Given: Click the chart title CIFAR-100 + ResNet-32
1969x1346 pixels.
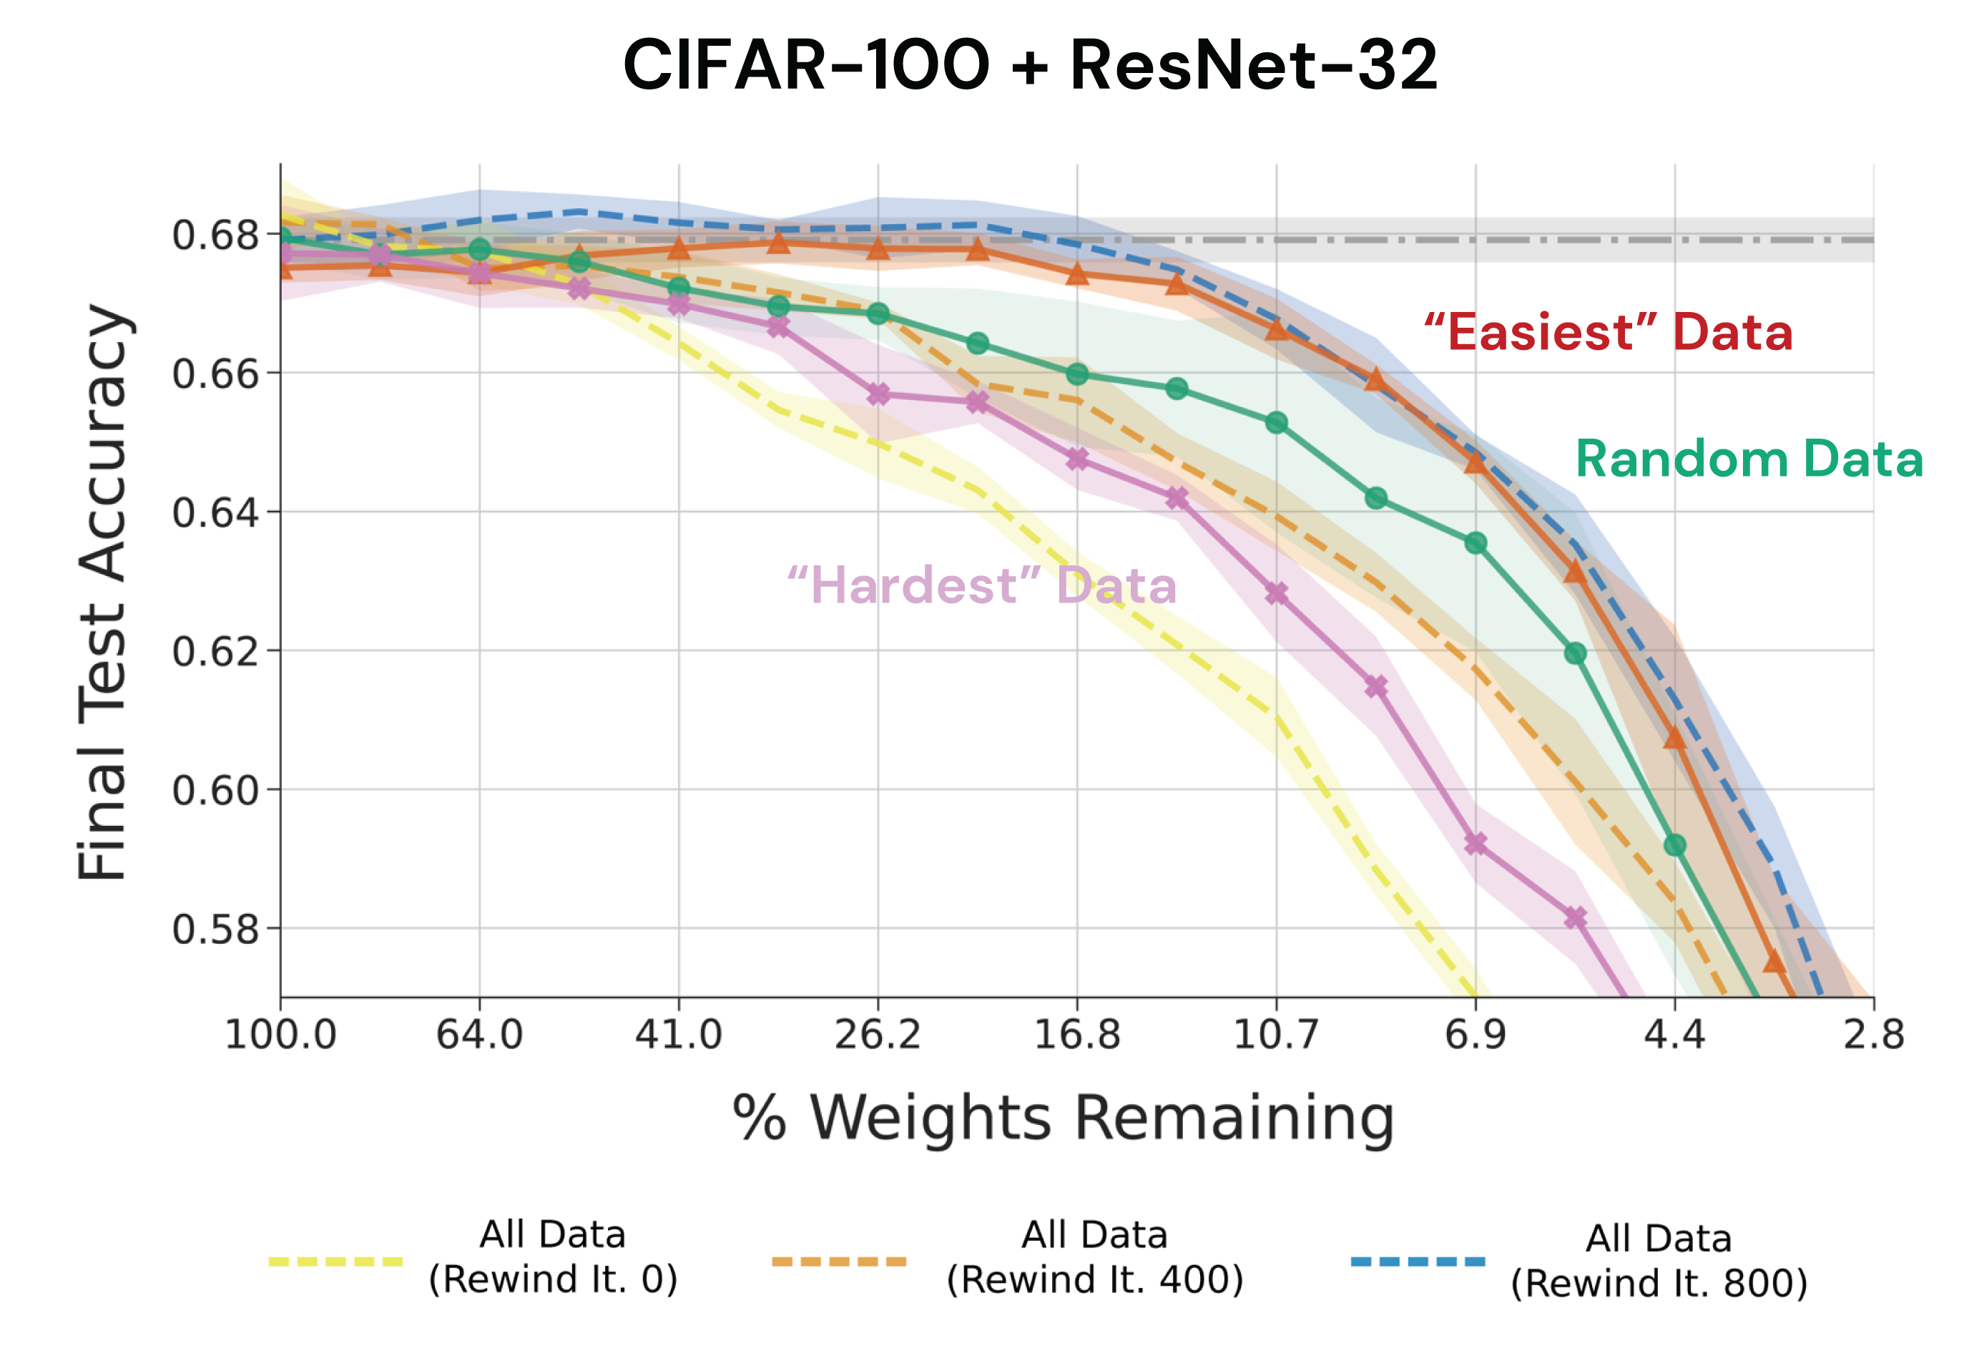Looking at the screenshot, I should tap(1029, 65).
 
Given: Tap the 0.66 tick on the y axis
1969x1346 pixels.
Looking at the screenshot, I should tap(215, 374).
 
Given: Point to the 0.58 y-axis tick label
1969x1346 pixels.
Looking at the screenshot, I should tap(215, 930).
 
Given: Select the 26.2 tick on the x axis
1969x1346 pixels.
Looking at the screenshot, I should tap(878, 1035).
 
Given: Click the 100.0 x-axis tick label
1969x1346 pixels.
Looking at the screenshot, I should tap(280, 1035).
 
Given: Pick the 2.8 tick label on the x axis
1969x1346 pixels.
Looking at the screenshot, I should tap(1873, 1035).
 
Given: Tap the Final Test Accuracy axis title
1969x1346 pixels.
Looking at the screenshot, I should tap(102, 593).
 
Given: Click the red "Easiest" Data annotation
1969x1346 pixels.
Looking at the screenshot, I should tap(1607, 331).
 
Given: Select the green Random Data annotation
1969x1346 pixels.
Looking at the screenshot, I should tap(1749, 459).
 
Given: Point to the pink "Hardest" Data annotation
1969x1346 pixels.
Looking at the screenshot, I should tap(982, 585).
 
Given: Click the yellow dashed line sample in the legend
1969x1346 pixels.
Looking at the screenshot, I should tap(335, 1262).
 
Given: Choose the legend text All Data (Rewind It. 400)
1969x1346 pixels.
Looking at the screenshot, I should tap(1094, 1257).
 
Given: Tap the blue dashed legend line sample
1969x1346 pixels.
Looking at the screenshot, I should tap(1418, 1262).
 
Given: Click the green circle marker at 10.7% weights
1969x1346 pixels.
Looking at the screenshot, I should tap(1277, 422).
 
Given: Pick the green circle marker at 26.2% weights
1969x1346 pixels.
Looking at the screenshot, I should tap(878, 313).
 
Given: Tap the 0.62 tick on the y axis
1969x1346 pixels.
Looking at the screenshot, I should tap(215, 652).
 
